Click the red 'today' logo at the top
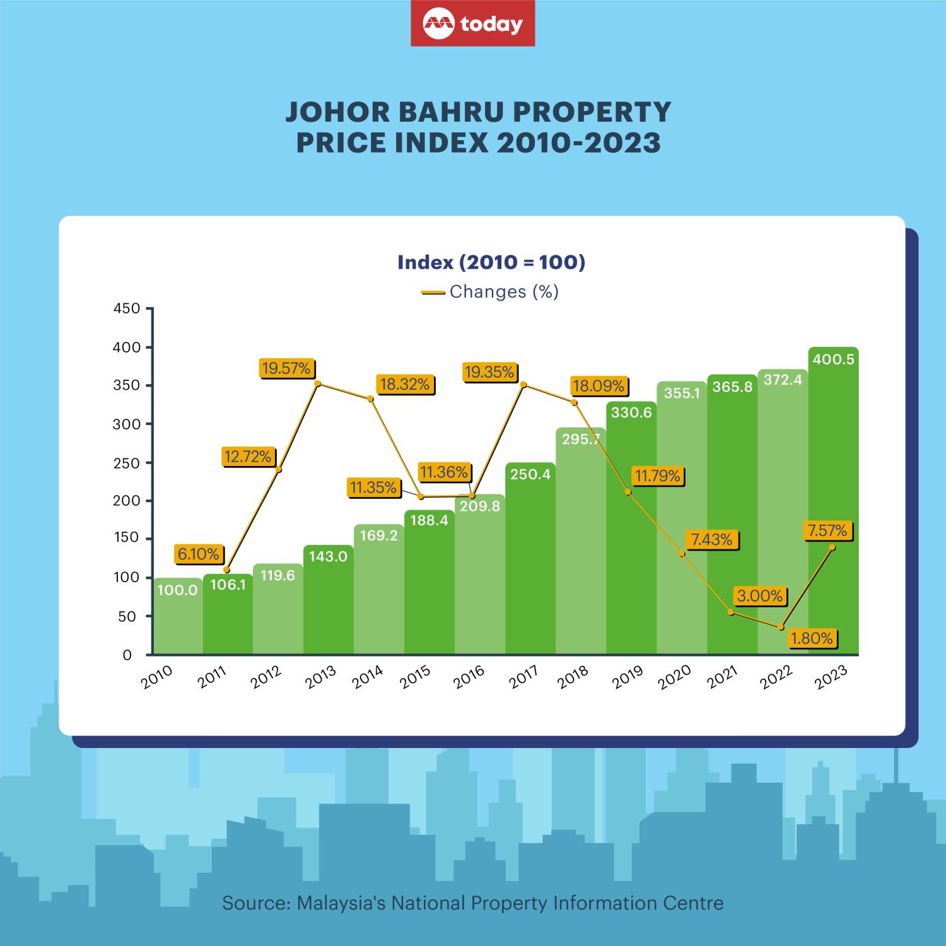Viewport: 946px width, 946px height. point(472,23)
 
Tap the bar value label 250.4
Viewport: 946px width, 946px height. point(530,474)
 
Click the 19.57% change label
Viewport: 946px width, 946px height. point(287,369)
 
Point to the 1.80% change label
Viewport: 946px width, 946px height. point(812,638)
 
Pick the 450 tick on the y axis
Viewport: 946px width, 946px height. point(126,309)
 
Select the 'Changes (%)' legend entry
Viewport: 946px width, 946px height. point(490,292)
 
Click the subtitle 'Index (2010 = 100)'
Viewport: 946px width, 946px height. point(491,262)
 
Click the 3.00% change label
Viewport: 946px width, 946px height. point(759,596)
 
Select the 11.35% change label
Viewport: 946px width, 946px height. point(373,488)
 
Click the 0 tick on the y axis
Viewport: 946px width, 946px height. point(127,655)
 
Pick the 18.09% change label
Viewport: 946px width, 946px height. point(599,385)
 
